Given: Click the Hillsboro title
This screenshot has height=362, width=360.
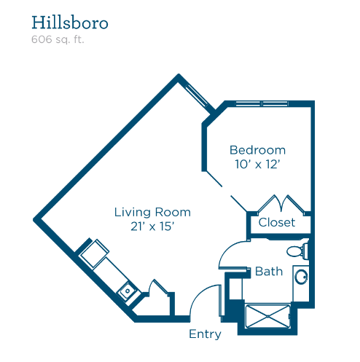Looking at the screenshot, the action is pyautogui.click(x=70, y=23).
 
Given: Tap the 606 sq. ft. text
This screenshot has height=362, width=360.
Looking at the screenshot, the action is pyautogui.click(x=58, y=39).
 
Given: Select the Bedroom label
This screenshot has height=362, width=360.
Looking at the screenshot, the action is pyautogui.click(x=257, y=150).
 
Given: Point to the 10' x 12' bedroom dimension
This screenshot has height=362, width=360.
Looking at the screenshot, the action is pyautogui.click(x=258, y=164).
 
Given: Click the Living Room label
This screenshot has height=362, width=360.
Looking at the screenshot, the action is pyautogui.click(x=152, y=212).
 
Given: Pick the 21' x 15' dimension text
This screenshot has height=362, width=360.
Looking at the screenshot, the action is pyautogui.click(x=152, y=227).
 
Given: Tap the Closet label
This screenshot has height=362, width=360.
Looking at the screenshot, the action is pyautogui.click(x=277, y=222).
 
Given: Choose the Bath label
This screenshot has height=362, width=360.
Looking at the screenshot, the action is pyautogui.click(x=269, y=271).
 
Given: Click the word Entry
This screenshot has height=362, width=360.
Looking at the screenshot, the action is pyautogui.click(x=205, y=334).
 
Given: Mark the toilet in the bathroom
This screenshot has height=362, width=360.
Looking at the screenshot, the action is pyautogui.click(x=297, y=251).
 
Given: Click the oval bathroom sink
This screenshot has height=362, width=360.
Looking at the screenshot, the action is pyautogui.click(x=301, y=277).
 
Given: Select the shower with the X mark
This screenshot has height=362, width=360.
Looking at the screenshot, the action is pyautogui.click(x=267, y=316).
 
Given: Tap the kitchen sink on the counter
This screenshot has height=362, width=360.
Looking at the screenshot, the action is pyautogui.click(x=127, y=291).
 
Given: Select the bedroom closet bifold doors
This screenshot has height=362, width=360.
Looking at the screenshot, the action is pyautogui.click(x=281, y=205).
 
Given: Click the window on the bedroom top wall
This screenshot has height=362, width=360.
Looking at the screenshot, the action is pyautogui.click(x=262, y=103).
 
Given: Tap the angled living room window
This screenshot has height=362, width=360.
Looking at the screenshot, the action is pyautogui.click(x=197, y=96).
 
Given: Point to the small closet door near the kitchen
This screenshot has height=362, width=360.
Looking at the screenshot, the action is pyautogui.click(x=158, y=288).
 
